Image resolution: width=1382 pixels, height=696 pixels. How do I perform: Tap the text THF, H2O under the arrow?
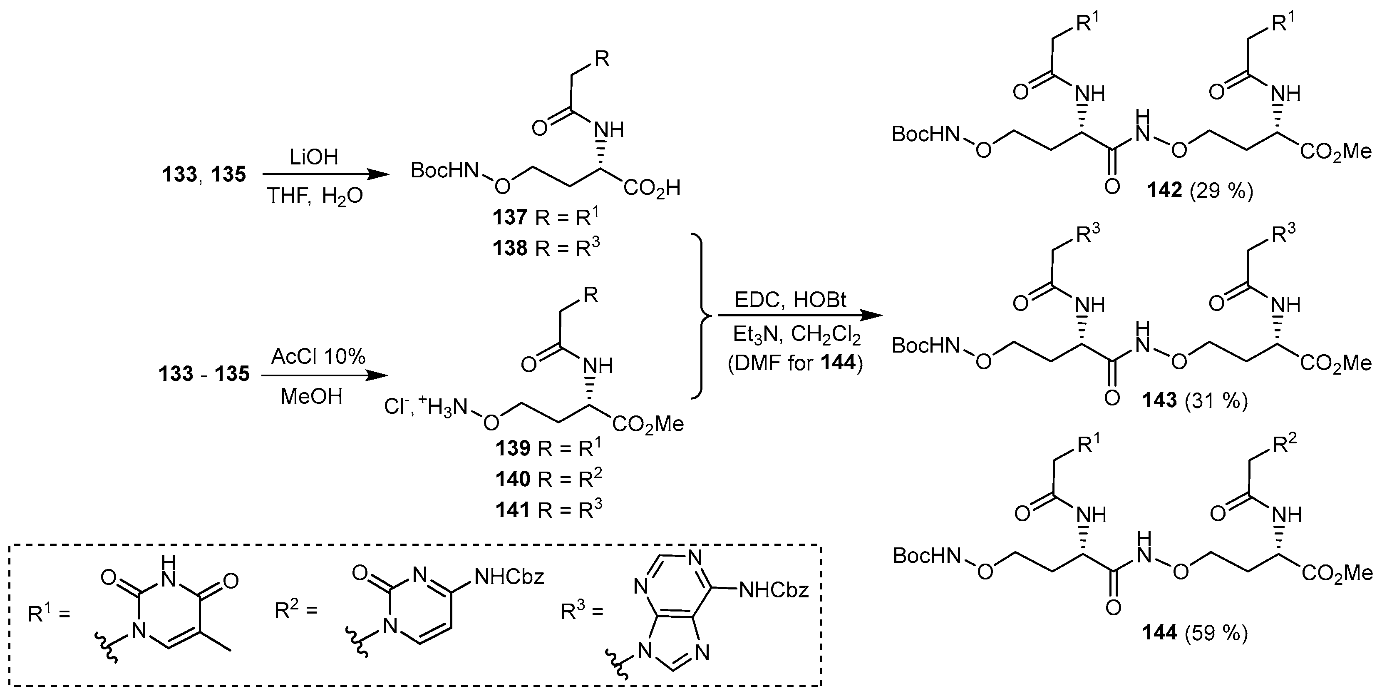coord(314,196)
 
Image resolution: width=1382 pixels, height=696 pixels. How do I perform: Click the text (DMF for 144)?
coord(796,363)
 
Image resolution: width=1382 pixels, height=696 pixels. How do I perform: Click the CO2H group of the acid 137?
coord(651,188)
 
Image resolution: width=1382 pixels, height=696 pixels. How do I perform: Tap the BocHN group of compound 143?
coord(925,346)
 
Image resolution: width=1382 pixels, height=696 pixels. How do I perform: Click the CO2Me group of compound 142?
coord(1335,152)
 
